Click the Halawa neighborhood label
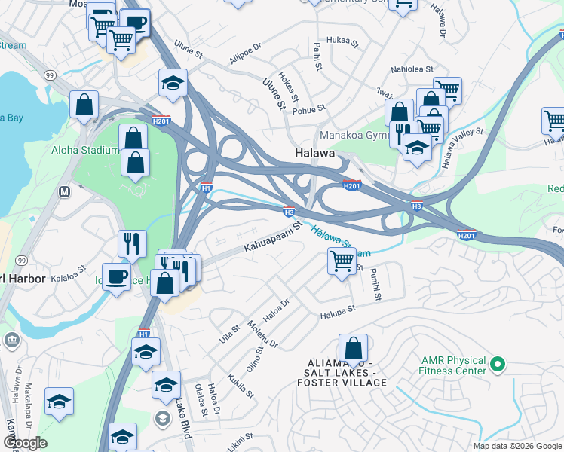(314, 154)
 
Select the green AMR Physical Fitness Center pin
(496, 365)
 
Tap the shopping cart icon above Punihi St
(342, 261)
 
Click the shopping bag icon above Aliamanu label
(353, 348)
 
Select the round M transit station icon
(65, 191)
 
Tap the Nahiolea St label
(411, 69)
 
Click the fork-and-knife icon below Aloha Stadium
(131, 243)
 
